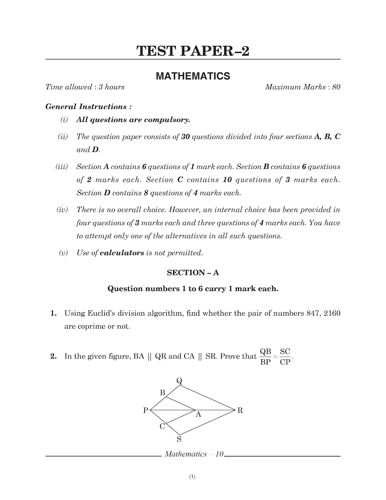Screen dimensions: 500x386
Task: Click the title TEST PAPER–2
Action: click(193, 51)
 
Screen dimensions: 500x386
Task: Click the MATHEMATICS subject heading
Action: click(193, 76)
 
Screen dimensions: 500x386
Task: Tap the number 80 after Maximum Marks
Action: click(336, 87)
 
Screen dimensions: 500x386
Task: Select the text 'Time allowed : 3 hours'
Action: click(85, 87)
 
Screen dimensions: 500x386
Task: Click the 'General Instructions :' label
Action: click(88, 107)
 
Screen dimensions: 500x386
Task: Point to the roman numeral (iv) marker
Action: click(62, 210)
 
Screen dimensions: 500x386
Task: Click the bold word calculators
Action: click(122, 253)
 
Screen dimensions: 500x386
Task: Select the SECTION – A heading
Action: click(193, 272)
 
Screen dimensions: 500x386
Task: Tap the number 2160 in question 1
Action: click(332, 313)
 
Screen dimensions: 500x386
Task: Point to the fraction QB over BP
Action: click(265, 357)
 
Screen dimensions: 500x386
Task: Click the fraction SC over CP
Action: click(285, 357)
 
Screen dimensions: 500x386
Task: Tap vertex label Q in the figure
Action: click(179, 381)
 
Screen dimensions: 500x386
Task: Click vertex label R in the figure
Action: click(240, 411)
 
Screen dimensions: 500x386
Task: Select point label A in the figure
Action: click(198, 415)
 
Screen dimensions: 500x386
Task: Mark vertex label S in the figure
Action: click(179, 439)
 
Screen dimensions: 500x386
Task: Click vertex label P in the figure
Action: click(146, 411)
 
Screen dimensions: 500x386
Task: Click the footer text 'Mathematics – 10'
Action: click(194, 454)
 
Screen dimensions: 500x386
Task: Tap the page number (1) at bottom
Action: click(192, 477)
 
